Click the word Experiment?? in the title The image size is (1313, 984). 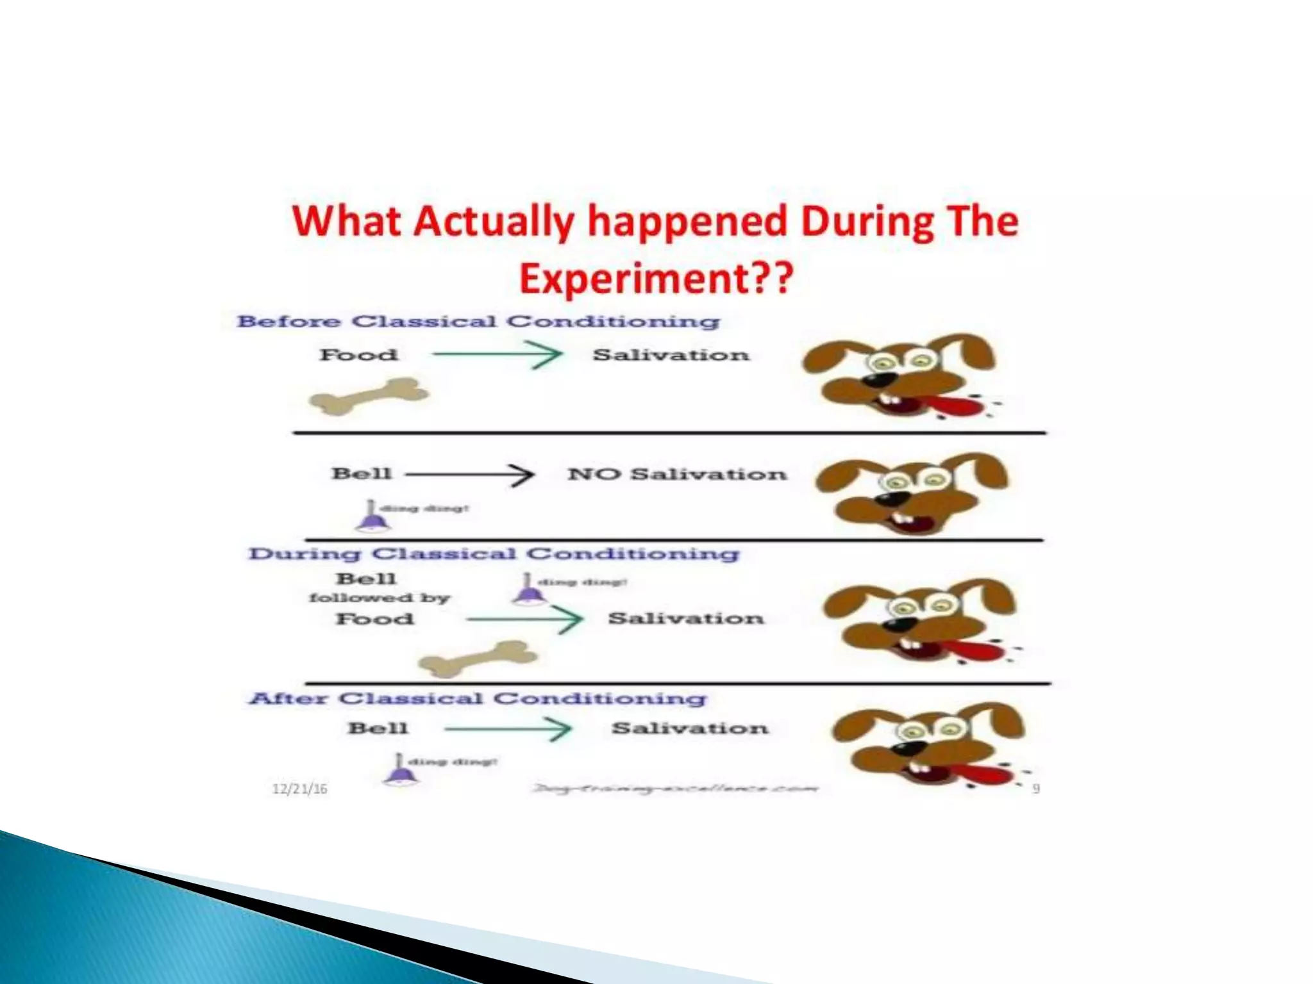coord(656,279)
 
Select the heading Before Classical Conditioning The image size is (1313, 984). coord(478,321)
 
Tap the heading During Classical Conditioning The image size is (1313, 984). coord(494,553)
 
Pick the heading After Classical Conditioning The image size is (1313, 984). coord(478,698)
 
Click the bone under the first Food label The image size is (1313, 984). coord(369,396)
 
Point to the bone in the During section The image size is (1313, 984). coord(478,659)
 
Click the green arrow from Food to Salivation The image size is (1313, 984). coord(497,354)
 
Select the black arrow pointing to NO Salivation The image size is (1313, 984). coord(470,475)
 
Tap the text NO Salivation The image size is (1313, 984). coord(676,474)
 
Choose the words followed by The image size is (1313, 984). coord(380,598)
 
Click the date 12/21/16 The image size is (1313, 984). coord(299,789)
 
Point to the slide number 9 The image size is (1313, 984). coord(1035,789)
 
